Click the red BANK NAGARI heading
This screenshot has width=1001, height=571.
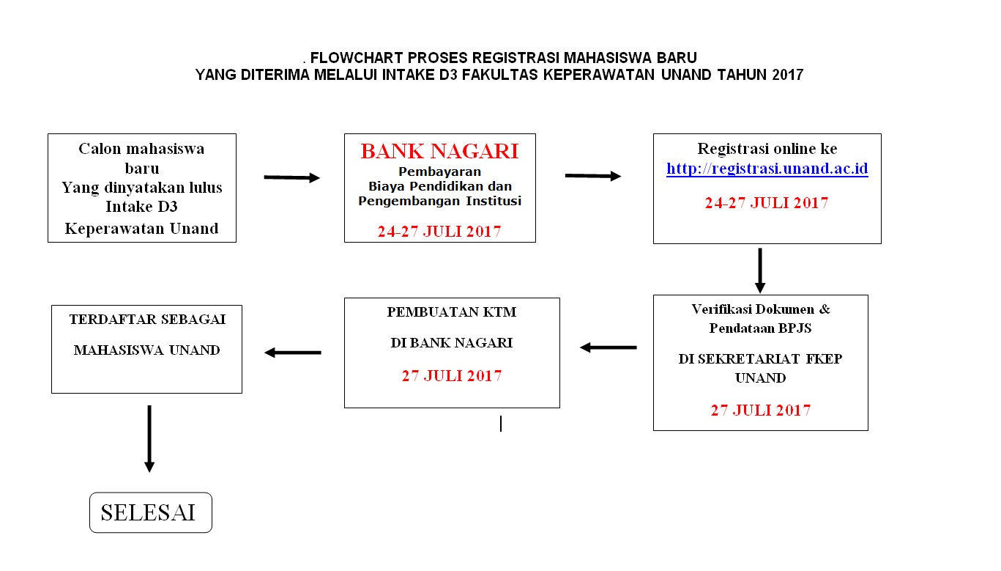tap(439, 151)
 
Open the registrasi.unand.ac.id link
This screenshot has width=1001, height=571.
tap(767, 169)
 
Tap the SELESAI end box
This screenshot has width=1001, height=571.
tap(150, 512)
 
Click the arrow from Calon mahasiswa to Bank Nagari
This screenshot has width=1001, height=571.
tap(291, 177)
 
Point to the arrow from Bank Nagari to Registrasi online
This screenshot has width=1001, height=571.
tap(593, 176)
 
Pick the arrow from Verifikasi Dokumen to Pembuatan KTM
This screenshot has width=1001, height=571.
tap(608, 347)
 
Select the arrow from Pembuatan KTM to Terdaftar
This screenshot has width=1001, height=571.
tap(292, 353)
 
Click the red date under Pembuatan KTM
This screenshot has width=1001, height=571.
tap(451, 376)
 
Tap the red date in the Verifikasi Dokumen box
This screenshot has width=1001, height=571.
tap(760, 410)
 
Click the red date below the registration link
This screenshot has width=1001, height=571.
tap(766, 203)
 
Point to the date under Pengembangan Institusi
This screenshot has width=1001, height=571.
tap(439, 232)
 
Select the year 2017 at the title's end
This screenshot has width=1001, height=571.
tap(787, 75)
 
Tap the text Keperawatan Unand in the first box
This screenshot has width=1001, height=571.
tap(141, 228)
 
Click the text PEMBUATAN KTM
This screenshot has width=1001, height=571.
tap(451, 312)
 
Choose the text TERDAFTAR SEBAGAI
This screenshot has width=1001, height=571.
tap(147, 320)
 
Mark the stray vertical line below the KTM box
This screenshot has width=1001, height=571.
tap(501, 423)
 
